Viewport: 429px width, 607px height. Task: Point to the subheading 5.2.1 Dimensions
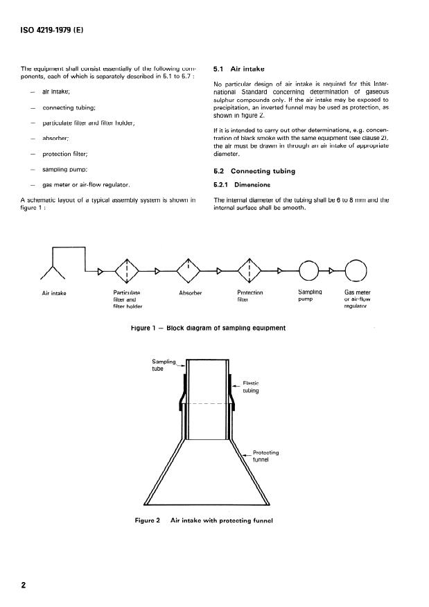click(240, 185)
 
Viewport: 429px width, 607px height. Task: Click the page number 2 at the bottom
click(24, 586)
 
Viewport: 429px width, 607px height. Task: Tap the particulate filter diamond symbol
click(127, 270)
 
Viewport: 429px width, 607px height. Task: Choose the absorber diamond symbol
click(189, 270)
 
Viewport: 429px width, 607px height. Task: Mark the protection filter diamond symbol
click(249, 270)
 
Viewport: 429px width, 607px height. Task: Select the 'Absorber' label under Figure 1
click(190, 293)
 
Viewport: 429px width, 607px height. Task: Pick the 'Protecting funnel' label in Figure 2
click(266, 455)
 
